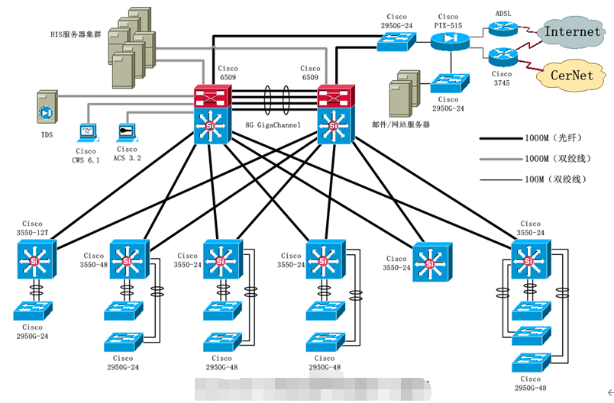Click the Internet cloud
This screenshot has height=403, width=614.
click(573, 32)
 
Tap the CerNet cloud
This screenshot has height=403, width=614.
click(573, 75)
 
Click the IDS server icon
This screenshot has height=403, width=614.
click(47, 110)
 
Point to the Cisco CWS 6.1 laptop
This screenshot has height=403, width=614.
click(88, 134)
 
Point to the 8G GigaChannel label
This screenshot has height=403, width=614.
click(273, 124)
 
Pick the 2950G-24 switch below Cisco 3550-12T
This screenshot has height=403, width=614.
click(33, 310)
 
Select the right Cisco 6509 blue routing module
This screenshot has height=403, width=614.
click(334, 124)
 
